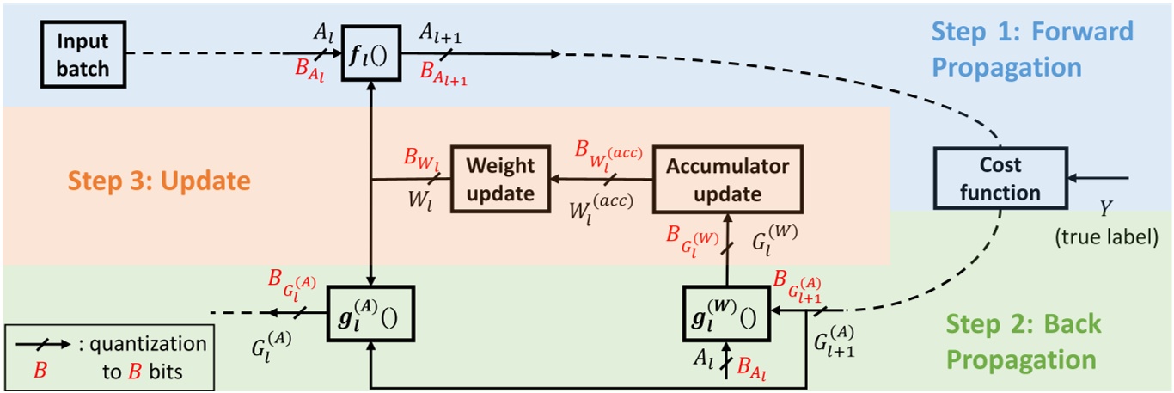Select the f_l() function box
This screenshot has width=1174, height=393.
tap(370, 53)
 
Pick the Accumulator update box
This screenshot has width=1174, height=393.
tap(726, 180)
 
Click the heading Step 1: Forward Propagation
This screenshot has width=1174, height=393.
tap(1031, 49)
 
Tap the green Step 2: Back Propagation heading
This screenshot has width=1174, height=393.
tap(1021, 341)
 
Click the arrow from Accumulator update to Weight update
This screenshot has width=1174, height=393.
tap(602, 180)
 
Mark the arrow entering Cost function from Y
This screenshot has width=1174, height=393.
tap(1099, 180)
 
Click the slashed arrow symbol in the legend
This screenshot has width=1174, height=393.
tap(44, 344)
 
